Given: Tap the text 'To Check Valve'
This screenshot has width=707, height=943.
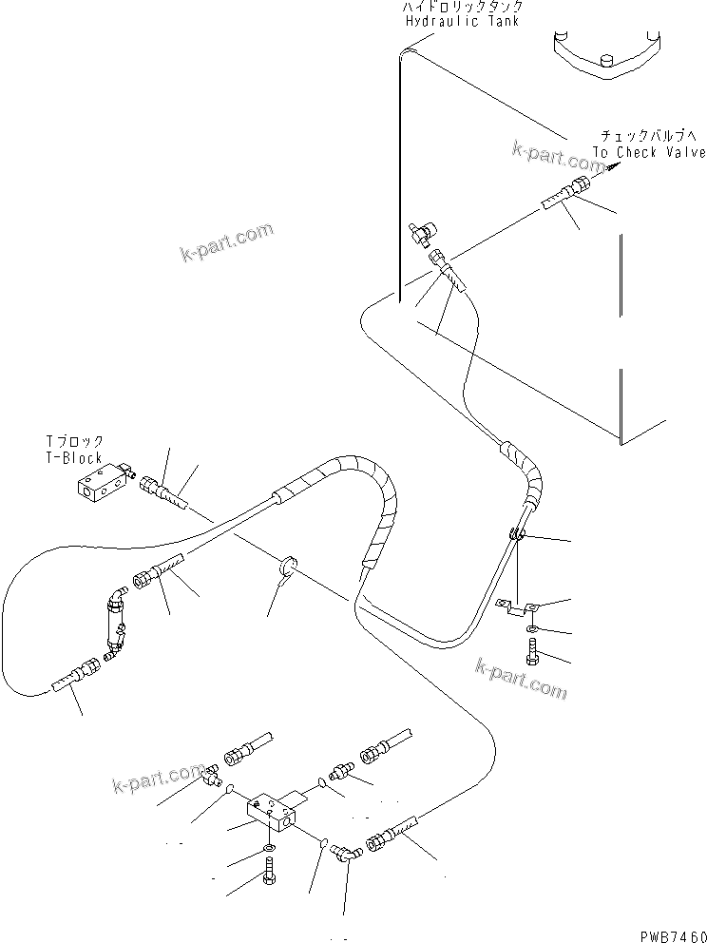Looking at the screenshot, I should tap(650, 152).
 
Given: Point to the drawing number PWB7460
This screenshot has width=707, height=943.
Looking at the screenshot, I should tap(668, 933).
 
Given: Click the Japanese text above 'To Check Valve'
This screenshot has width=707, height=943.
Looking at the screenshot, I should tap(648, 136).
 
